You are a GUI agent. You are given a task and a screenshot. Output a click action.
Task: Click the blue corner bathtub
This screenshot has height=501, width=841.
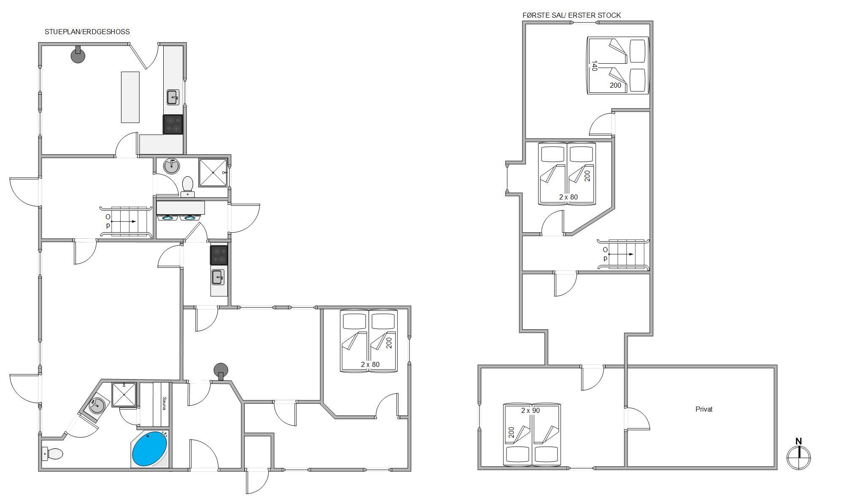150,449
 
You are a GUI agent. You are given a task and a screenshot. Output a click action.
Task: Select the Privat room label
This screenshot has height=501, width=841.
704,409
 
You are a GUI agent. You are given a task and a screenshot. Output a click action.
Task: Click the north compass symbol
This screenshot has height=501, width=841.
798,454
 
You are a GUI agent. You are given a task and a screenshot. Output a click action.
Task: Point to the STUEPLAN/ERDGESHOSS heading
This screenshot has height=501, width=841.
87,32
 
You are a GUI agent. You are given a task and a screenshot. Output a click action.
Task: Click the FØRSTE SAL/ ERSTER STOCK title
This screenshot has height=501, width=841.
571,15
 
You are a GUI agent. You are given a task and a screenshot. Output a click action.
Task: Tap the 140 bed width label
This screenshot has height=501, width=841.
594,66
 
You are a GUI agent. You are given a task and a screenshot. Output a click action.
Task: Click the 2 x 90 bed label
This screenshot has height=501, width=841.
531,410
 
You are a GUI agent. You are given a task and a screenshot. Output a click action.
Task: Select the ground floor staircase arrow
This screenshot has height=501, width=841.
124,221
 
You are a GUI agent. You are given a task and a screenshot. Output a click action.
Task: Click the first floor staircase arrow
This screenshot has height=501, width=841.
621,254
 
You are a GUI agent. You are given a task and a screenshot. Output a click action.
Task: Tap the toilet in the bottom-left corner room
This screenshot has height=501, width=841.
52,454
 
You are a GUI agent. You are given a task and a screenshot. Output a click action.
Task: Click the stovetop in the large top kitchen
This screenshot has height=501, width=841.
173,124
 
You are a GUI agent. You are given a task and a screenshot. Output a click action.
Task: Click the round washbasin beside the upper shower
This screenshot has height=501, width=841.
172,166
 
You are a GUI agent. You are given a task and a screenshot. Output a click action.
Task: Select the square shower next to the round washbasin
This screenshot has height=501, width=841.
213,172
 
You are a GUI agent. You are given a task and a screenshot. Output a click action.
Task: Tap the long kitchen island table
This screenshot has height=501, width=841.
130,97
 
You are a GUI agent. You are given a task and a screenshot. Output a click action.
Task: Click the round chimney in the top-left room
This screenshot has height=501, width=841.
78,55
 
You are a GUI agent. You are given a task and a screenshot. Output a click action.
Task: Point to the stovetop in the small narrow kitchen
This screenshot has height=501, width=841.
219,255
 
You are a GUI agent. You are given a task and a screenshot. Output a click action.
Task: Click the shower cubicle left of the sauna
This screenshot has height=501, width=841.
124,395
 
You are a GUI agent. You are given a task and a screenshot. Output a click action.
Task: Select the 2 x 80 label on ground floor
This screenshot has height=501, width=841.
370,364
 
